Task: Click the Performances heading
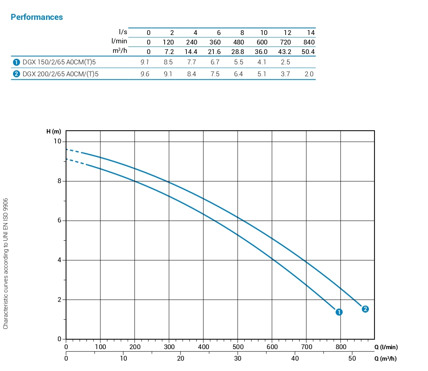point(36,17)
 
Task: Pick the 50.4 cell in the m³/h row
point(308,52)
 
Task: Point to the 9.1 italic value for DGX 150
point(145,62)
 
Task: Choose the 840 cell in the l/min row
point(309,42)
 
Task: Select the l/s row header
point(123,32)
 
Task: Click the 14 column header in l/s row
point(311,33)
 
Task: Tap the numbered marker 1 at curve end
point(339,312)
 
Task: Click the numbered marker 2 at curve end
point(365,309)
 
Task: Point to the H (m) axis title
point(54,131)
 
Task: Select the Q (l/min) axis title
point(386,347)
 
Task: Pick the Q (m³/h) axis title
point(385,359)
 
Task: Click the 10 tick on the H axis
point(58,142)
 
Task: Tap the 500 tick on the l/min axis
point(238,347)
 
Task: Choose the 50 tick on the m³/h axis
point(352,358)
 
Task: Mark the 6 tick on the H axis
point(59,221)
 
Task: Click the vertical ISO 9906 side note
point(6,264)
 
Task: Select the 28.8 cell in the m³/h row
point(238,52)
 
